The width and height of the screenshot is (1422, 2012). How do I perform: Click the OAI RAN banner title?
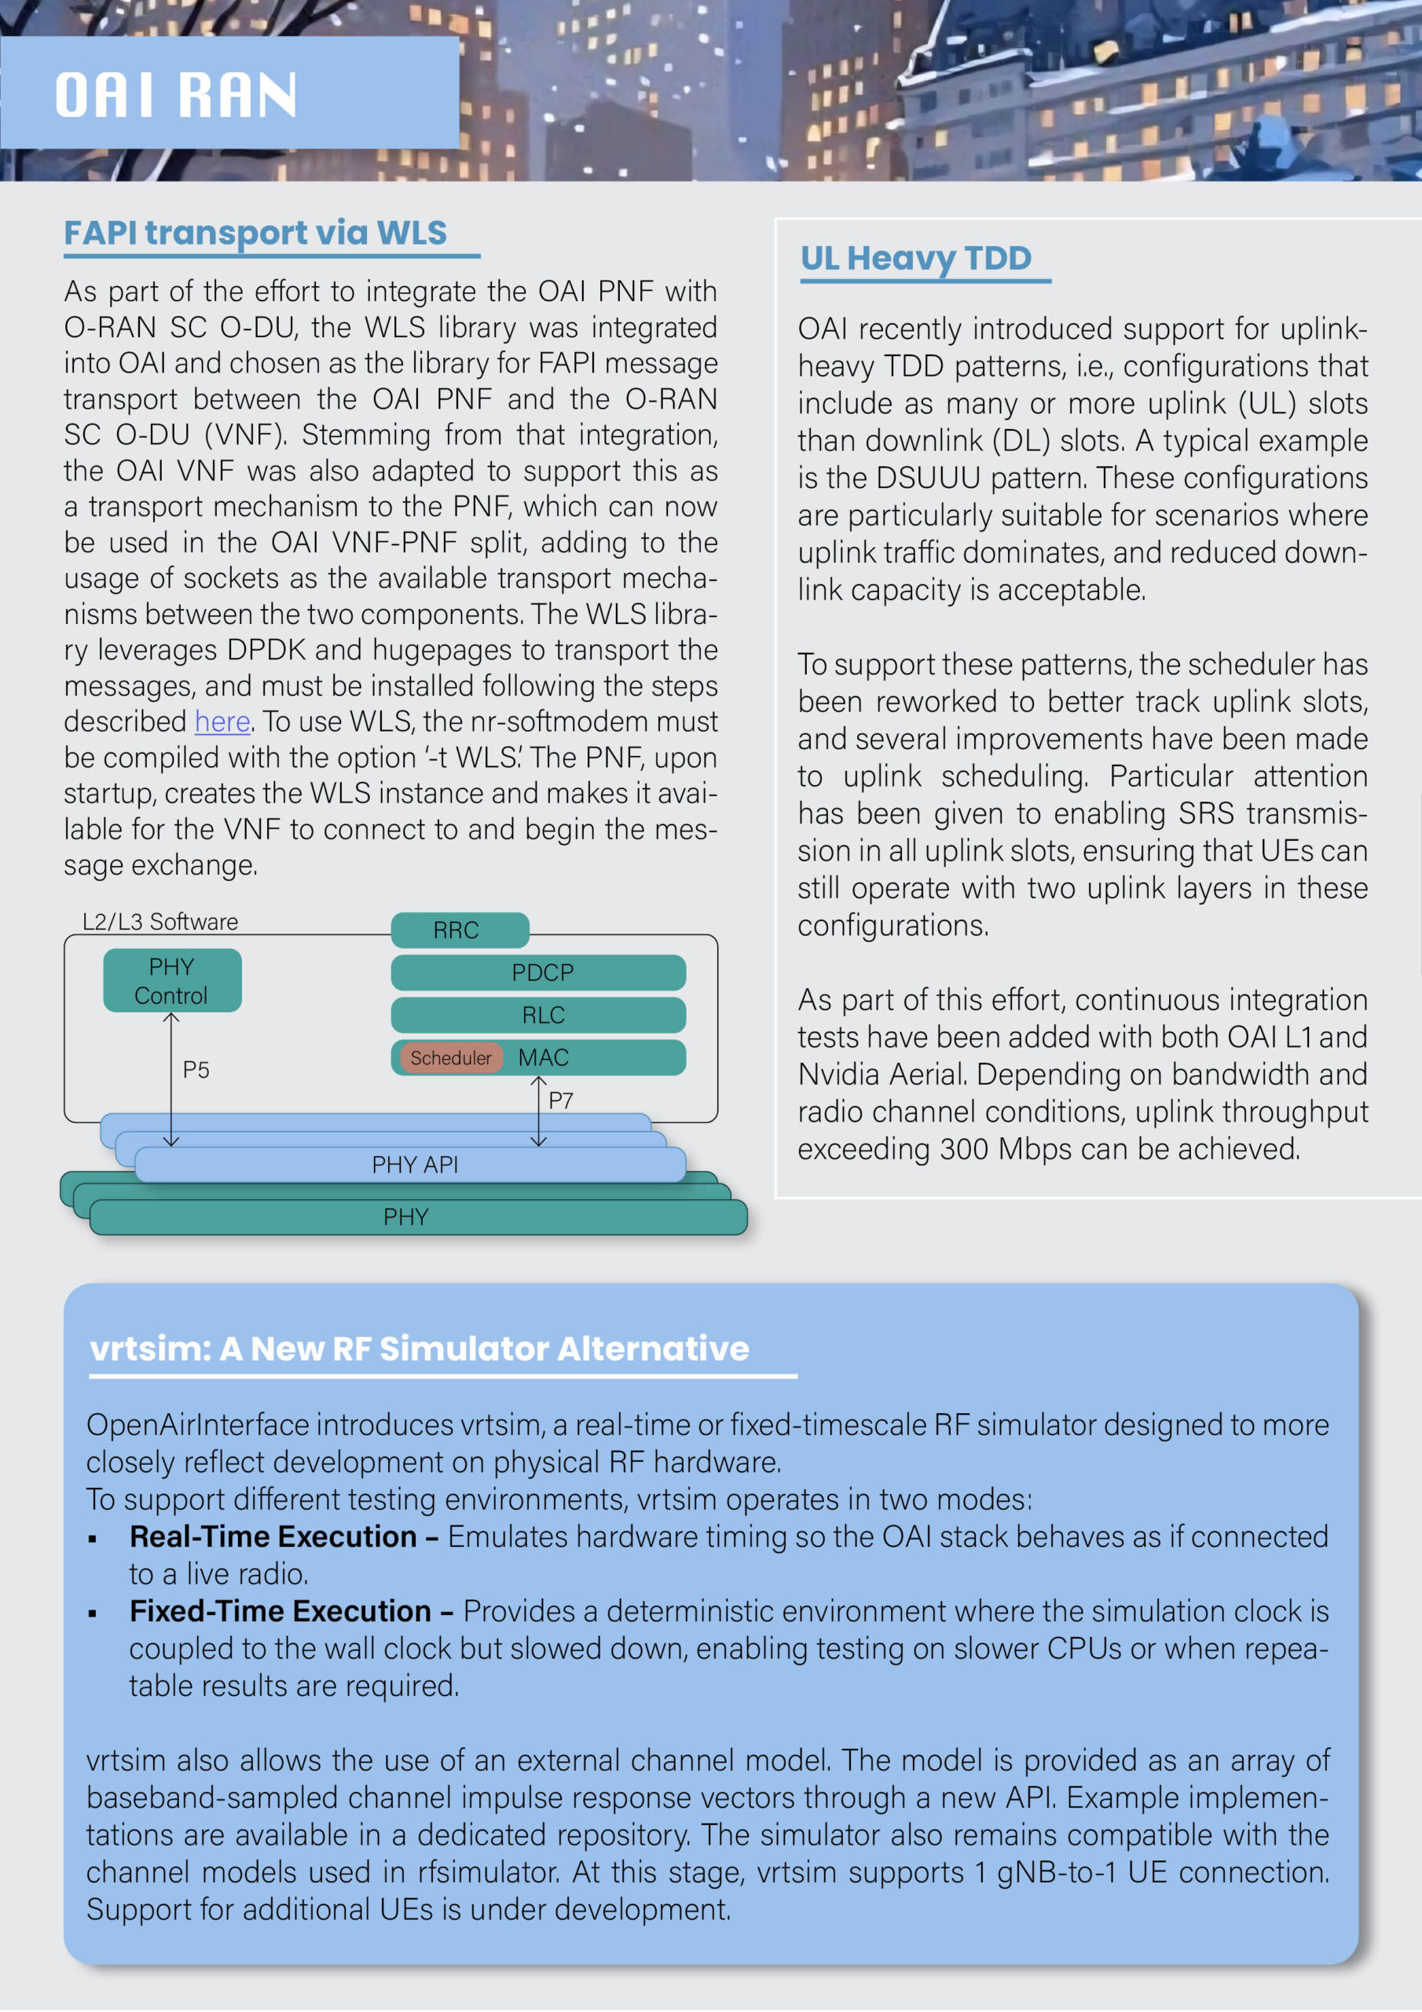[176, 94]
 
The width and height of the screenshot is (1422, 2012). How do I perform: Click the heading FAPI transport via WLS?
[255, 233]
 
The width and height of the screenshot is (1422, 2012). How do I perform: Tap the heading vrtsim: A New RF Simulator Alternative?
[419, 1349]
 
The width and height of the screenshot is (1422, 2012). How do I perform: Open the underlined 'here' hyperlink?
[222, 721]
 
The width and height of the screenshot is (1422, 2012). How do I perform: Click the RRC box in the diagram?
[456, 930]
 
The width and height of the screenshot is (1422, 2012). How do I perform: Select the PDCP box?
[541, 972]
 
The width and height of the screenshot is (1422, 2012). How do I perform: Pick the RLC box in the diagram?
[542, 1015]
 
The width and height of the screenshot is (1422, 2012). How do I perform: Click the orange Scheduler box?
[450, 1058]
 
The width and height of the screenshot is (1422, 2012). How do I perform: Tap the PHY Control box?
[172, 981]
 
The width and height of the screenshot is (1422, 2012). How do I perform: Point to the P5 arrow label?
[196, 1070]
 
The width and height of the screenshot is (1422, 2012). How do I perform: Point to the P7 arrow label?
[561, 1100]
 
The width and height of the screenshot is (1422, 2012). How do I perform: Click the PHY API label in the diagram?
[414, 1165]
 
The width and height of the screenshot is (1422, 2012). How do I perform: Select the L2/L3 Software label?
[160, 922]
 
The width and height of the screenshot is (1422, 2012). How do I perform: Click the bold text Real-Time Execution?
[273, 1537]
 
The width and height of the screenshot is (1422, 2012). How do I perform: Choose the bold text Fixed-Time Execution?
[280, 1610]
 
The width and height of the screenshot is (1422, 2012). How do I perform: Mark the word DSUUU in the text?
[928, 479]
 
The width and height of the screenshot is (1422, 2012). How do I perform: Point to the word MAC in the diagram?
[543, 1058]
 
